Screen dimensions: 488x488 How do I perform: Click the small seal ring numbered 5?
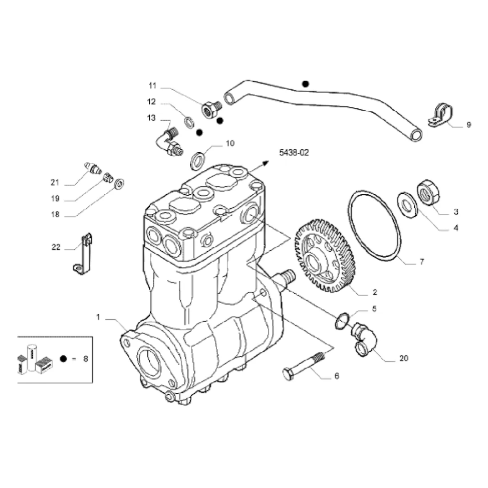point(342,320)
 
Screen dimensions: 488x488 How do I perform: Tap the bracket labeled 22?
point(84,253)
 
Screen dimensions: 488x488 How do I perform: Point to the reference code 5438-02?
point(294,153)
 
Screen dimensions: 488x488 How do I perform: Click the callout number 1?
point(98,317)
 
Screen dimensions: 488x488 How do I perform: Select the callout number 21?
point(55,183)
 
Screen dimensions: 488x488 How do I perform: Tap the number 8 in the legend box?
point(85,359)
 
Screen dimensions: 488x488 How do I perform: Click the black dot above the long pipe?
point(305,84)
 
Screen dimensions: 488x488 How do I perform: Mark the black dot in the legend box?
point(63,359)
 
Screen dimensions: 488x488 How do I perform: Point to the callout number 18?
point(55,214)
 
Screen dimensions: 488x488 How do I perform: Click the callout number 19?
point(55,199)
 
